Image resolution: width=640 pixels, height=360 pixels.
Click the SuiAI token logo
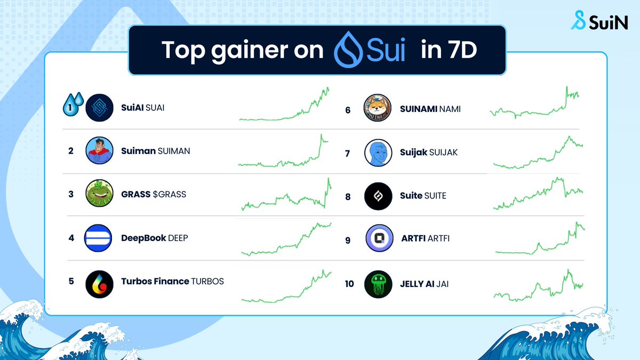tap(99, 108)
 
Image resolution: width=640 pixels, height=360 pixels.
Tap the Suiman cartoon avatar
tap(99, 151)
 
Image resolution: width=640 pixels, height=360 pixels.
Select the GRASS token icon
tap(99, 194)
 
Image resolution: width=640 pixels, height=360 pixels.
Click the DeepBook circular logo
tap(99, 238)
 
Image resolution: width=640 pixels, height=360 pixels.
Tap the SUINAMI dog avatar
tap(378, 109)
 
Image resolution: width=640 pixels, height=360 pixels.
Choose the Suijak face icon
tap(378, 153)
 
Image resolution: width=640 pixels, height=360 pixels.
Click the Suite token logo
tap(378, 196)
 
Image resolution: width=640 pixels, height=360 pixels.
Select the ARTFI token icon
tap(379, 238)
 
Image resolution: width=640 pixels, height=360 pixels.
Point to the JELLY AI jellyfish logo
tap(378, 284)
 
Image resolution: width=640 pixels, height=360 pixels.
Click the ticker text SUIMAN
tap(174, 151)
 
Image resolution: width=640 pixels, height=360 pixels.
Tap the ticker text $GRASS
tap(170, 194)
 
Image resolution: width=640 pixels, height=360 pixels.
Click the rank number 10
tap(349, 284)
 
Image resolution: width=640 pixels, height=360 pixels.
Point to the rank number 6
tap(348, 110)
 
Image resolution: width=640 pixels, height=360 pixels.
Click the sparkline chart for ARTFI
tap(540, 239)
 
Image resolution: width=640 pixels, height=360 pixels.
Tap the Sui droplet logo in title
tap(348, 50)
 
